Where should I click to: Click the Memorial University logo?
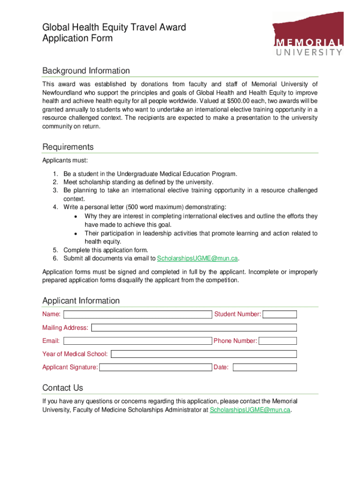tap(308, 34)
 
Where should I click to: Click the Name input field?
tap(137, 314)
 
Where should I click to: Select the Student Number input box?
tap(280, 314)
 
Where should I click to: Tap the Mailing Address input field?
tap(194, 328)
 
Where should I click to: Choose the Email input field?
tap(137, 341)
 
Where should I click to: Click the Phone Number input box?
tap(278, 341)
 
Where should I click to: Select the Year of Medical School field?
tap(203, 354)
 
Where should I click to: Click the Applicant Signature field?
tap(156, 368)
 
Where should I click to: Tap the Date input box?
tap(265, 368)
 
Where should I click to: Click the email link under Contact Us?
tap(250, 410)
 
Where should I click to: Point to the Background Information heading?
tap(86, 71)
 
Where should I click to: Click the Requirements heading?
tap(68, 147)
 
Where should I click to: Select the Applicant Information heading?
tap(81, 301)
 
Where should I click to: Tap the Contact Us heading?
tap(63, 388)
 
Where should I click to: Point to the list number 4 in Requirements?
tap(55, 207)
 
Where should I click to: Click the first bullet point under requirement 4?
tap(75, 216)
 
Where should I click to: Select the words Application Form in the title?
tap(78, 38)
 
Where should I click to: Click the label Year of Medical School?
tap(75, 354)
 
